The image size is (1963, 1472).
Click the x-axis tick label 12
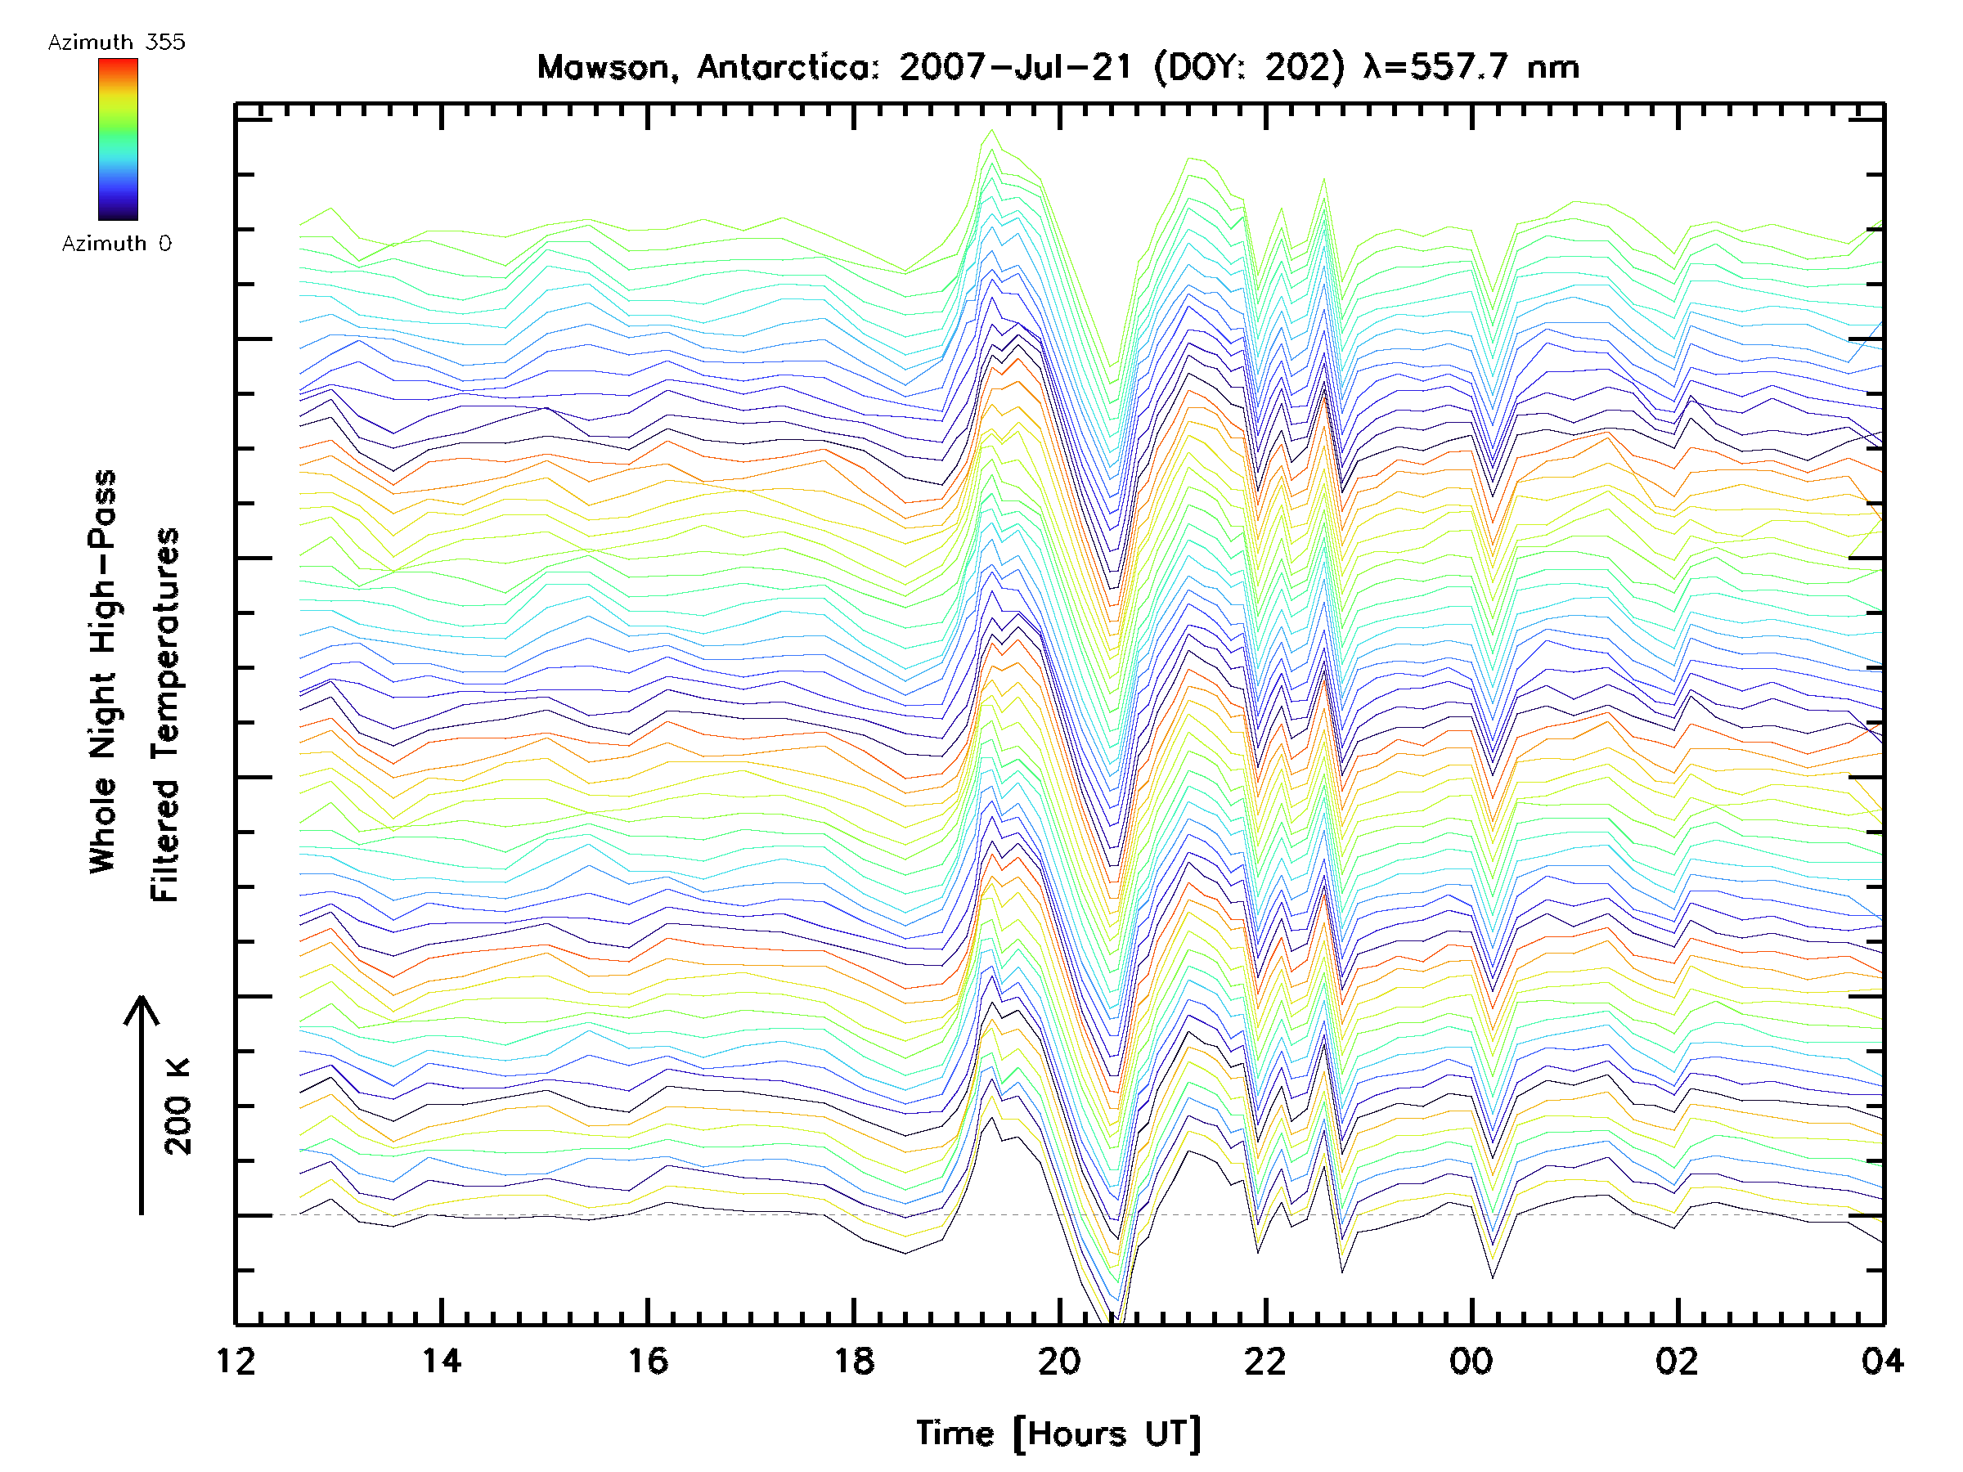(236, 1361)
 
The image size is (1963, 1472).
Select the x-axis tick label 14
(442, 1361)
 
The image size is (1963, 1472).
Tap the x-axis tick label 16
(648, 1361)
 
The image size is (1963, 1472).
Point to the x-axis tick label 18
(854, 1361)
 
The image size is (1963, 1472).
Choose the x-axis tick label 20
(1059, 1361)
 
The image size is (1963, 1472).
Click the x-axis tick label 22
(1265, 1361)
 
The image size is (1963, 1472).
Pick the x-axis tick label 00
(1471, 1361)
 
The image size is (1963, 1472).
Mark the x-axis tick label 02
(1678, 1361)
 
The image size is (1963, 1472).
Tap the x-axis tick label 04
(1882, 1361)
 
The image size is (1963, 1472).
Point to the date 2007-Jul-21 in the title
(1016, 67)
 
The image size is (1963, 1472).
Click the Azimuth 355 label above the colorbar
(116, 43)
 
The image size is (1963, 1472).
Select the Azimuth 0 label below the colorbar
(116, 244)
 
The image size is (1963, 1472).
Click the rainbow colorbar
(118, 139)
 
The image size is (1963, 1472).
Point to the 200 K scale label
(178, 1106)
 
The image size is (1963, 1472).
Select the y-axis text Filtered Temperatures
(165, 714)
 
